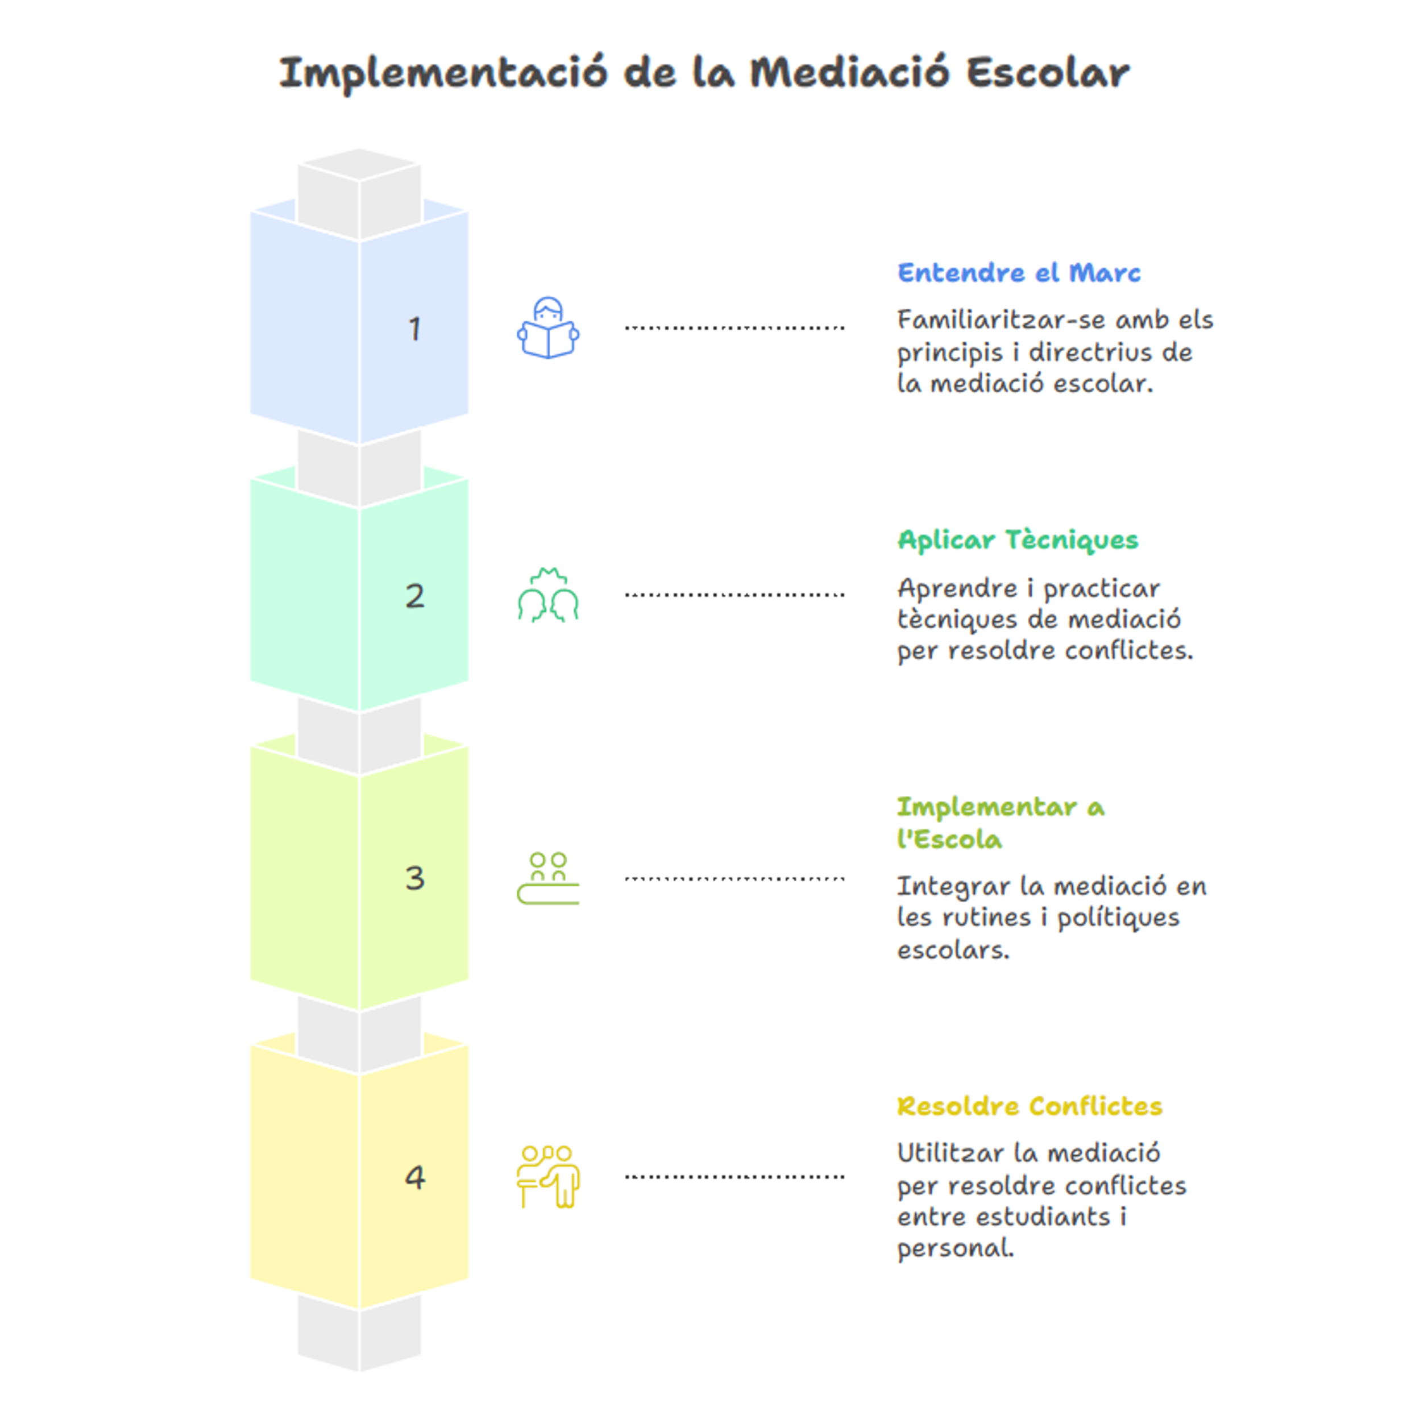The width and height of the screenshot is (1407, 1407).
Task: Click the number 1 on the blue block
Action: [414, 329]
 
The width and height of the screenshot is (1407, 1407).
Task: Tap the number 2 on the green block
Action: [414, 596]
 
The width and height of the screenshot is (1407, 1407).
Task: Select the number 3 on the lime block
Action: [414, 878]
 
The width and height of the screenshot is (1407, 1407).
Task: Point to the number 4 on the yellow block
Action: [415, 1177]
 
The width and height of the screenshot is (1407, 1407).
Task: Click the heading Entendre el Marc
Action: [1019, 273]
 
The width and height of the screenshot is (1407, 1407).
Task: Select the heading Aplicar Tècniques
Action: [1018, 541]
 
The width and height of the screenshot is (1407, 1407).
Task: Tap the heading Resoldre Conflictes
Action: [1029, 1107]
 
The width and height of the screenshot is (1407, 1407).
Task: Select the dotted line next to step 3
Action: [734, 879]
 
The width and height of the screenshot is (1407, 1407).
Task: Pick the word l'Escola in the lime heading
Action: [949, 840]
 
